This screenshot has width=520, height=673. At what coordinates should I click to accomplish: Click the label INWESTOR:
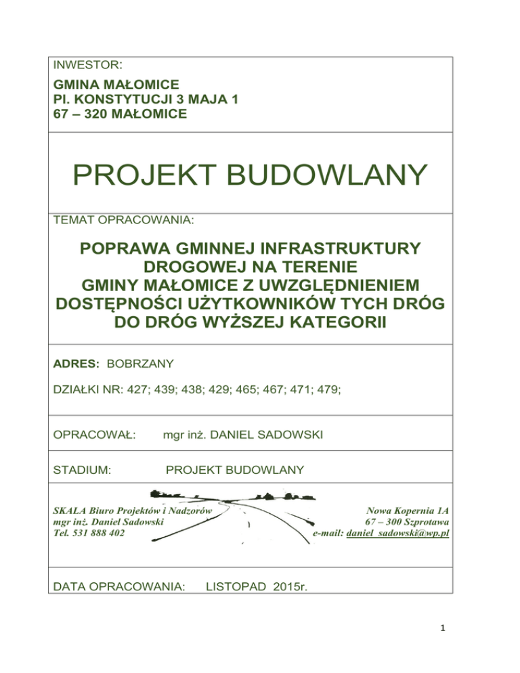87,66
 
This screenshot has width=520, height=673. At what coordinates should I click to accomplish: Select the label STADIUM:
82,469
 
